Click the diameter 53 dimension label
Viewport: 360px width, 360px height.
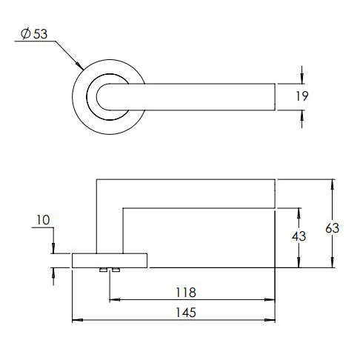pyautogui.click(x=36, y=34)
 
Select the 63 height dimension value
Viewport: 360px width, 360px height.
pyautogui.click(x=333, y=229)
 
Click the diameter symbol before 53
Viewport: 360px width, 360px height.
pyautogui.click(x=26, y=34)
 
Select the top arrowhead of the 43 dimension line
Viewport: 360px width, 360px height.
pyautogui.click(x=299, y=211)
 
